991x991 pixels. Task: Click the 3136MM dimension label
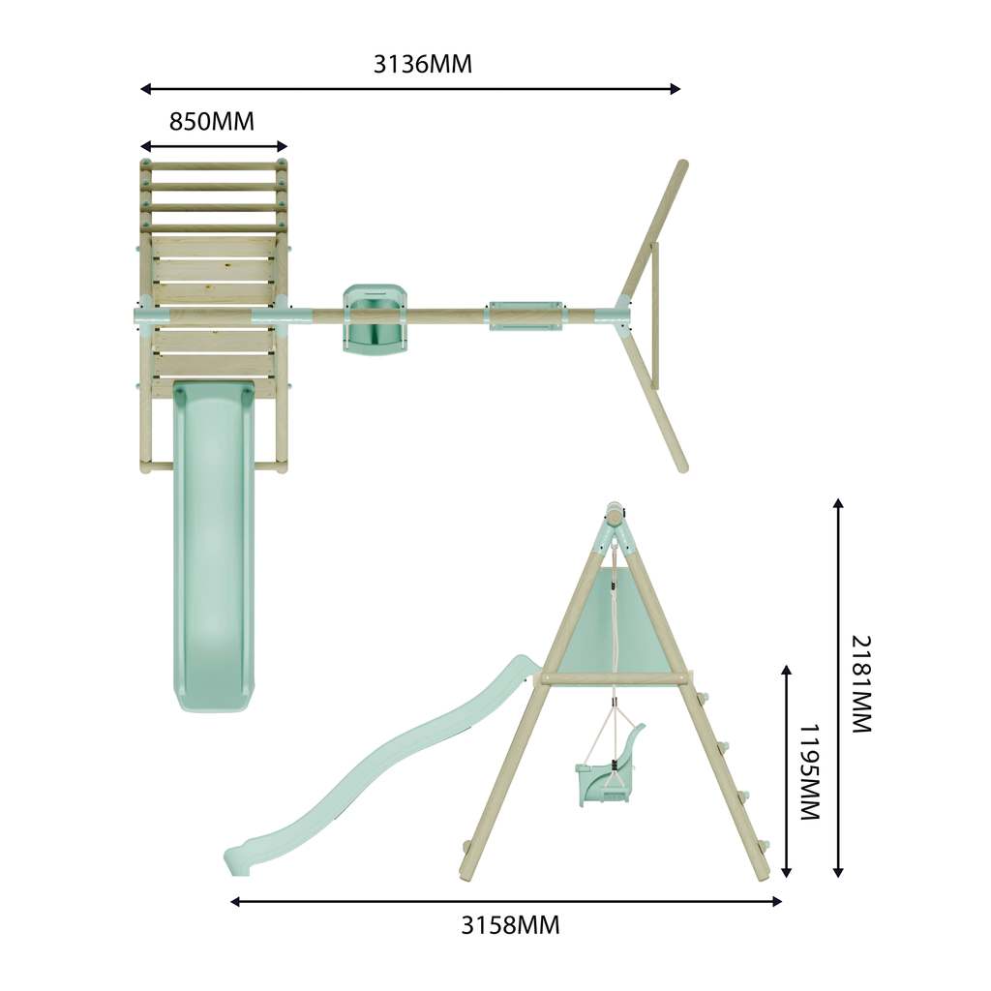click(x=422, y=65)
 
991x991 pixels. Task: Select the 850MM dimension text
click(x=212, y=121)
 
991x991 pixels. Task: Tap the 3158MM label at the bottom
click(x=510, y=925)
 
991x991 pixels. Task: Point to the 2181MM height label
click(x=861, y=684)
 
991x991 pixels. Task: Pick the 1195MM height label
click(x=810, y=771)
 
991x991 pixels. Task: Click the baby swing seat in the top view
click(x=375, y=318)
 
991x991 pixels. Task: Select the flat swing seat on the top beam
click(x=525, y=315)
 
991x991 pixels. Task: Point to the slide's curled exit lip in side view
click(x=238, y=860)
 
